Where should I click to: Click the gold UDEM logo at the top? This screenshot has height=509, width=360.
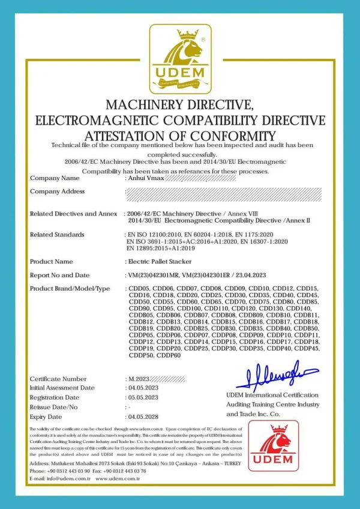[x=180, y=59]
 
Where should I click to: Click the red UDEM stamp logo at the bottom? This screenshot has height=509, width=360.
[x=274, y=445]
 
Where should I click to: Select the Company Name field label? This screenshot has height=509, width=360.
[x=55, y=178]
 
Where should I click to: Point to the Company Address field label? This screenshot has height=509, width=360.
[x=58, y=191]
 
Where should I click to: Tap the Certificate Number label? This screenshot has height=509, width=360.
[x=58, y=379]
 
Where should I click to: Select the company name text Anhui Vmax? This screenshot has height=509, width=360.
[x=144, y=178]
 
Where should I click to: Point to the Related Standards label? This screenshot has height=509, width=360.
[x=57, y=234]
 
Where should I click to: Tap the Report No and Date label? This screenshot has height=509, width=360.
[x=59, y=275]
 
